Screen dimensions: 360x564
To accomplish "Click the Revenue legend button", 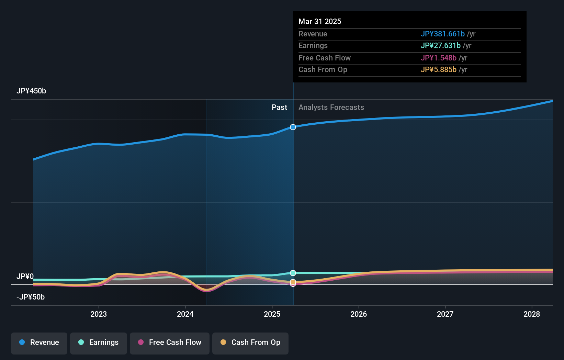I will (x=39, y=343).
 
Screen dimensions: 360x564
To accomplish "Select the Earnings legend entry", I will (x=99, y=343).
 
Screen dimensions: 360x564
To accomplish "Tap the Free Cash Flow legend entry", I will (x=170, y=343).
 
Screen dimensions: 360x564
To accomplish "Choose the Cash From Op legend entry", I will (x=250, y=343).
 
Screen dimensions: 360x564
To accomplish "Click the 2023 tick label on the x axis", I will (x=99, y=314).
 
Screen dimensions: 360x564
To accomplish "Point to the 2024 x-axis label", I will (x=185, y=314).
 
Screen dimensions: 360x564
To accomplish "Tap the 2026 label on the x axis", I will (x=359, y=314).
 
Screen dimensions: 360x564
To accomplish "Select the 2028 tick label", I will (x=532, y=314).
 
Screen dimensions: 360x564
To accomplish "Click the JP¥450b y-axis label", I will (x=31, y=91).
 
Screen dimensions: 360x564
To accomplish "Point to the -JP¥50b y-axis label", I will (x=31, y=297).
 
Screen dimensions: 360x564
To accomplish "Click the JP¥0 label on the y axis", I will (x=25, y=277).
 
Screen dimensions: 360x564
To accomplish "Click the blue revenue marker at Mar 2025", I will (x=293, y=127).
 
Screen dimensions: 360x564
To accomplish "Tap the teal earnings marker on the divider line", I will (x=293, y=273).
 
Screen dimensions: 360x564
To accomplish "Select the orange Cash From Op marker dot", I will (x=293, y=282).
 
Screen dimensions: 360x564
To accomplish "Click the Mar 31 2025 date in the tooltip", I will (x=320, y=21).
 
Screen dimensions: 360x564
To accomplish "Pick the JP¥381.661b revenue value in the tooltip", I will (x=442, y=34).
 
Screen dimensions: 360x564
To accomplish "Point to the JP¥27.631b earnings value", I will (x=440, y=46).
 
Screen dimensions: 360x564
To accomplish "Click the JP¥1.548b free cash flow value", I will (x=438, y=58).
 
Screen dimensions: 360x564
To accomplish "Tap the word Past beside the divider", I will (x=279, y=108).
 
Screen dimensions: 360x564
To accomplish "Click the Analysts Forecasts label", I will (x=331, y=108).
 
